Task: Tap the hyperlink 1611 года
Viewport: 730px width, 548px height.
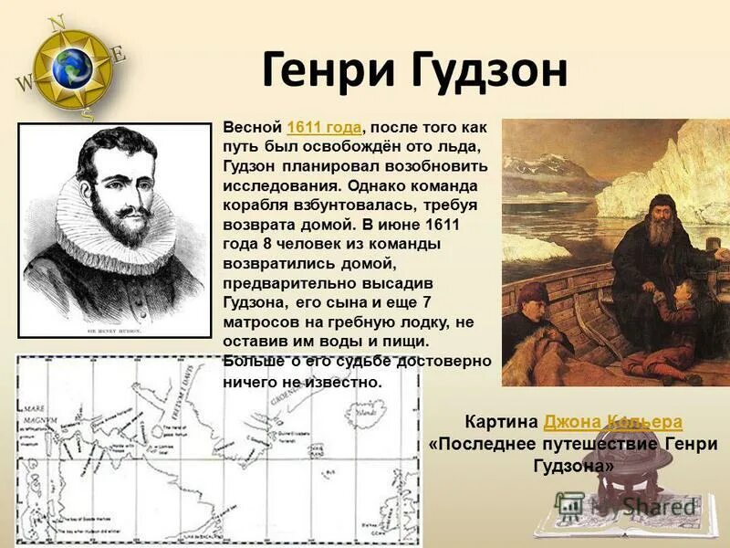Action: point(325,127)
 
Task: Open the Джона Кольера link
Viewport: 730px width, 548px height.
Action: point(612,423)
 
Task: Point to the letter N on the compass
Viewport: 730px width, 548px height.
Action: point(57,21)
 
